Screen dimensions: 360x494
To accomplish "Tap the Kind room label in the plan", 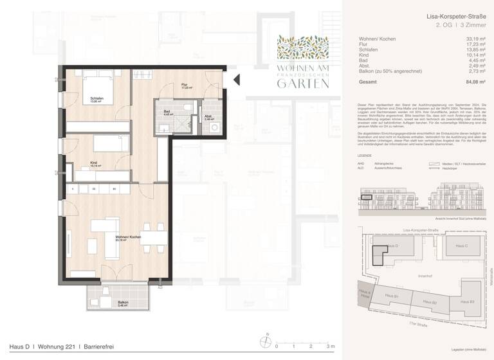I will [x=94, y=164].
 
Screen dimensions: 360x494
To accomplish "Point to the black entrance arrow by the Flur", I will [x=235, y=80].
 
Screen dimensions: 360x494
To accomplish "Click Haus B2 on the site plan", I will [x=430, y=301].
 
